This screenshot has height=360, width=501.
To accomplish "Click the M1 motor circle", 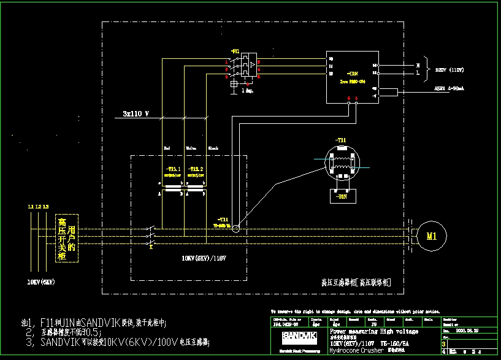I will [432, 236].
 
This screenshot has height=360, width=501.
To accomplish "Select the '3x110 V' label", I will [136, 113].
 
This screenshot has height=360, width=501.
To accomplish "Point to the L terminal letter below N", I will [418, 73].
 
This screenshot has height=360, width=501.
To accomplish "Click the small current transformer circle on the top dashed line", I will [235, 229].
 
